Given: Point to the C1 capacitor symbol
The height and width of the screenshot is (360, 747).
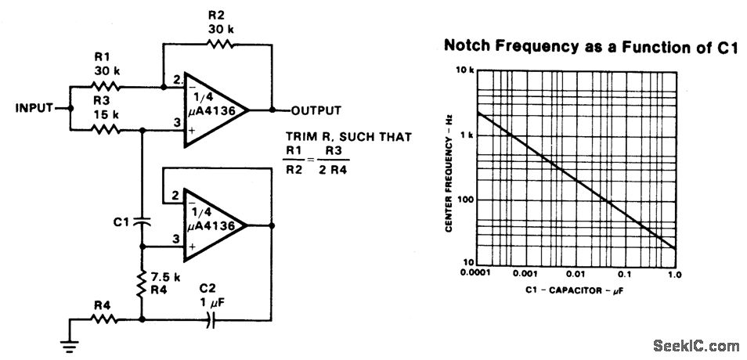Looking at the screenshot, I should coord(142,221).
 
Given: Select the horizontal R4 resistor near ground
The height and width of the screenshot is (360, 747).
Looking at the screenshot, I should coord(104,319).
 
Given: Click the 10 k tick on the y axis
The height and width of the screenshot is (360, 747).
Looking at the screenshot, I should coord(465,70).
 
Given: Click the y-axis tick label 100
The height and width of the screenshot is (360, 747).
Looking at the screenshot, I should coord(464,199).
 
